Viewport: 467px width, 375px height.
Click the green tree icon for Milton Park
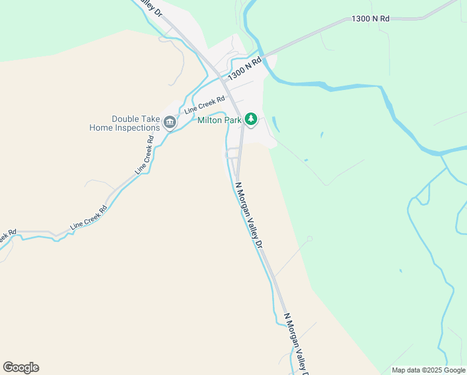coord(251,118)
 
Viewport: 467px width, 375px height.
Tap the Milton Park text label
coord(220,120)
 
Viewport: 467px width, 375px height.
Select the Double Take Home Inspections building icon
coord(169,122)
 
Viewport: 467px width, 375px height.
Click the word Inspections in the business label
coord(139,128)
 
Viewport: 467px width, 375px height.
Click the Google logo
coord(21,367)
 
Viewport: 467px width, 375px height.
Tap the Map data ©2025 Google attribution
coord(428,370)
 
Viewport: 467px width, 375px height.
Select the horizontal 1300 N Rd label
coord(371,19)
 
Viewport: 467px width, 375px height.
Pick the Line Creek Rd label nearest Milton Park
coord(205,105)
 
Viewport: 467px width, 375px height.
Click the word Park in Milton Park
coord(232,120)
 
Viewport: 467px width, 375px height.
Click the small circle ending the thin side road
coord(309,239)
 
